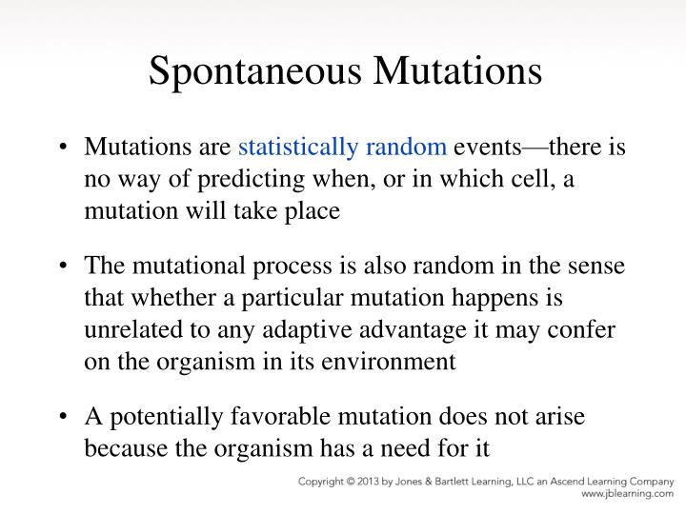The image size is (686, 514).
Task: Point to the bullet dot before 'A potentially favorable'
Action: pyautogui.click(x=62, y=418)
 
